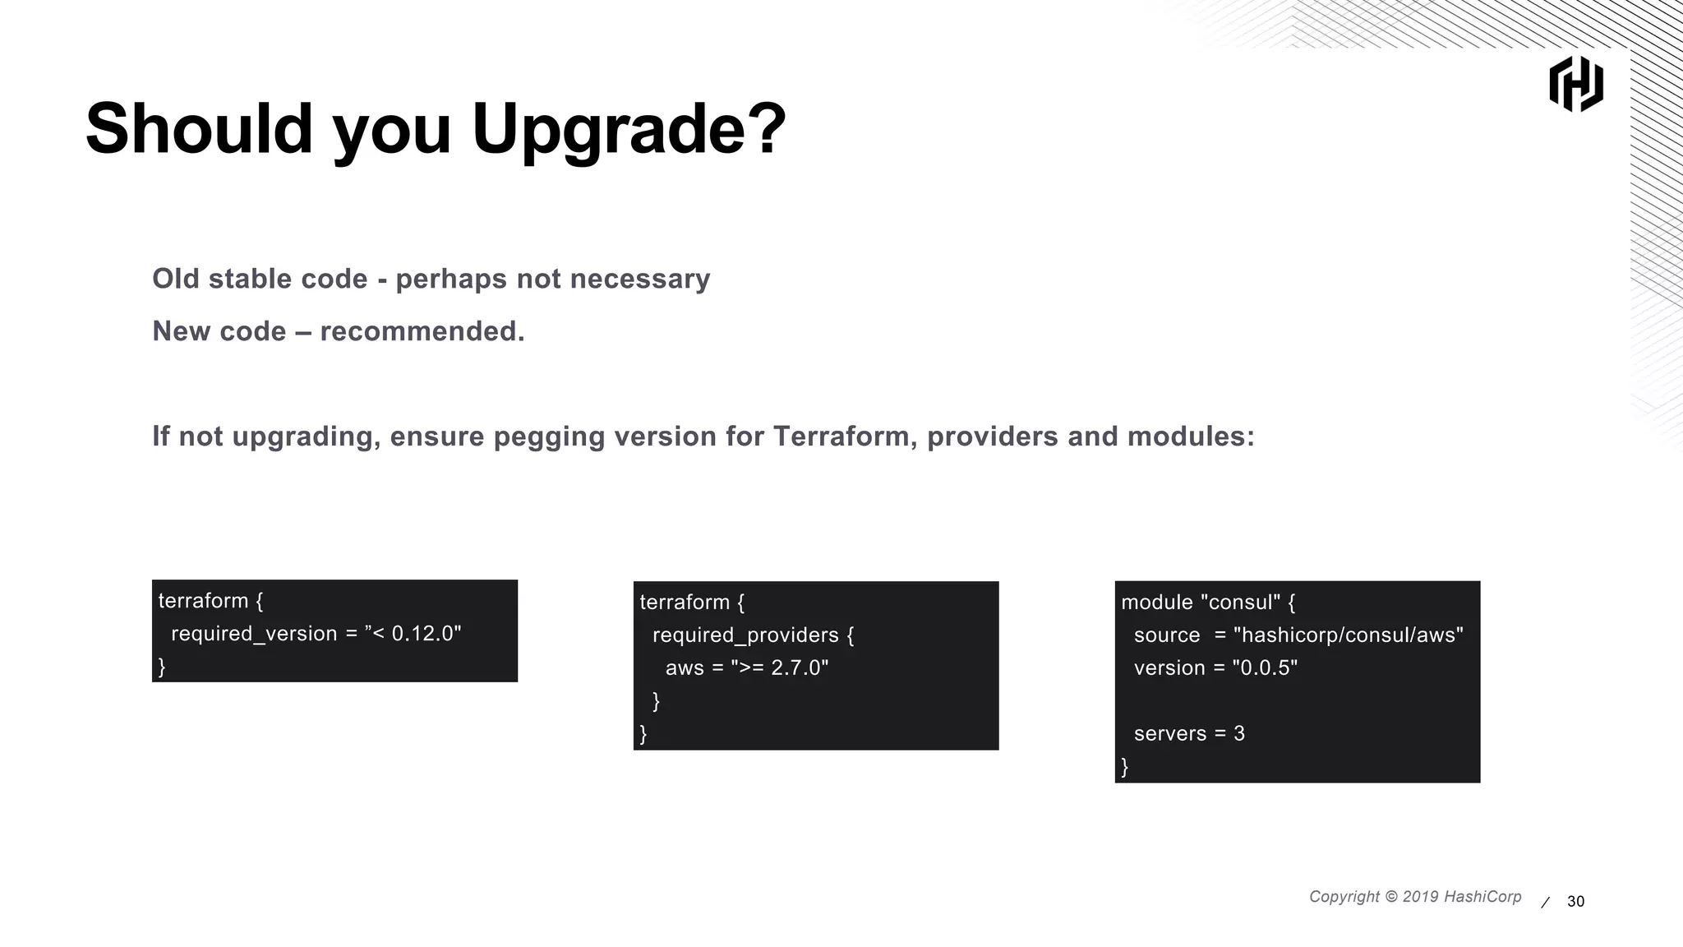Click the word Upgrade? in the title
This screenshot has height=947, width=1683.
629,130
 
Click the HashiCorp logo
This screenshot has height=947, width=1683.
1575,84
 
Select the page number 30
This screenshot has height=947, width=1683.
1575,902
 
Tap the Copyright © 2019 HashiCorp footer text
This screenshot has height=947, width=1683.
1414,897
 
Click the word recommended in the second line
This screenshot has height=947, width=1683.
422,331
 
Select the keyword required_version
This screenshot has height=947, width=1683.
254,634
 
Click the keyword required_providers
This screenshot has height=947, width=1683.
745,635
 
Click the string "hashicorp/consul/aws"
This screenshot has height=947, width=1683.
1348,635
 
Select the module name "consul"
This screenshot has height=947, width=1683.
1240,603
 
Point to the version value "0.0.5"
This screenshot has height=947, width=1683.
1265,668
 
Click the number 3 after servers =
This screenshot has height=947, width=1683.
1239,734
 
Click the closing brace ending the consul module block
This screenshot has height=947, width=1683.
1125,767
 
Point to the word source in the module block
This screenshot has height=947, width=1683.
1167,635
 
